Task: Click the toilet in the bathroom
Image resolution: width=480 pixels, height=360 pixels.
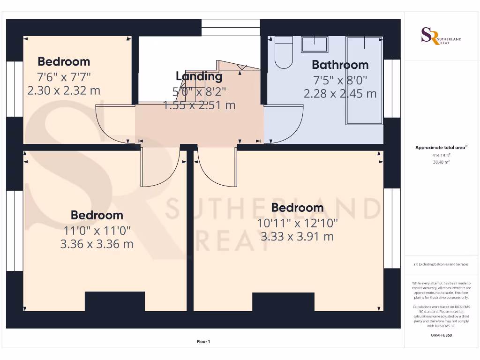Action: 283,53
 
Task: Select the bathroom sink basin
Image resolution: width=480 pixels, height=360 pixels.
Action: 315,45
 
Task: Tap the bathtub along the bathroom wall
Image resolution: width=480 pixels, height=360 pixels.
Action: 364,81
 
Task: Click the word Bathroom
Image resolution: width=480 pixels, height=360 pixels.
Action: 340,65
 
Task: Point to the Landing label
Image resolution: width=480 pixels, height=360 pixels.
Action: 199,76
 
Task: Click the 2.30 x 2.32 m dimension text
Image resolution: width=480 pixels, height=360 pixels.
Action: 64,90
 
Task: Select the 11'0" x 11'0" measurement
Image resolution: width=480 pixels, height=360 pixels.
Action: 97,230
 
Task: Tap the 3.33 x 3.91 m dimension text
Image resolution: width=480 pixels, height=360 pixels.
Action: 297,237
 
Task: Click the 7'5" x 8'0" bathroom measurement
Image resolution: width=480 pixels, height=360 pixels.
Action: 340,80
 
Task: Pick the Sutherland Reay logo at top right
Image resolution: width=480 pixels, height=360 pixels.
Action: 441,36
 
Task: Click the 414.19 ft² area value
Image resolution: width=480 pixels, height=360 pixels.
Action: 441,155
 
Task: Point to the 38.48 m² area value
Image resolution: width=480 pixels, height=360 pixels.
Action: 441,162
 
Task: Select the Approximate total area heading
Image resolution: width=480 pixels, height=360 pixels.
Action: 441,148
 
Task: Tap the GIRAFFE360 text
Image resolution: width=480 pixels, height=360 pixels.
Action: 441,335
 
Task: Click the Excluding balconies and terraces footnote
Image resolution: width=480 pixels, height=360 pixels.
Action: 441,264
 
